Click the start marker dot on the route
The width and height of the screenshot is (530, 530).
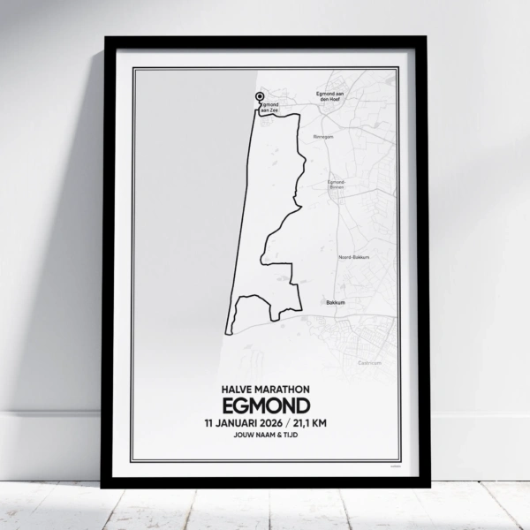(259, 97)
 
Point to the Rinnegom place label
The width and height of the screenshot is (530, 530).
(323, 137)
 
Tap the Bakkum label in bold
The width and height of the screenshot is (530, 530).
(335, 302)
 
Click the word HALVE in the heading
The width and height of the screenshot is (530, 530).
(231, 389)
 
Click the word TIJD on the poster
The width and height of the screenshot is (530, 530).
(289, 435)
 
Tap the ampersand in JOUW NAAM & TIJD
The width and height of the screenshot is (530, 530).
(276, 435)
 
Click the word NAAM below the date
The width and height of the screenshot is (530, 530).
(261, 435)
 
